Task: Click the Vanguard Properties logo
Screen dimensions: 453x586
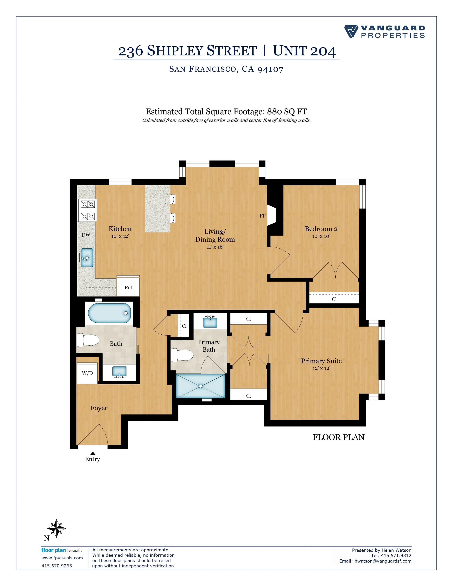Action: (x=384, y=32)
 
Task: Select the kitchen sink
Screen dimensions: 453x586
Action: (x=87, y=258)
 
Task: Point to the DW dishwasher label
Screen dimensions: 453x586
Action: (x=86, y=235)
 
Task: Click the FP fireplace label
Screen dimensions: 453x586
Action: (x=262, y=216)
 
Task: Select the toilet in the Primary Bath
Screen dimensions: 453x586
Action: (x=182, y=355)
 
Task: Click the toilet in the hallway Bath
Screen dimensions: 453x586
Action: (x=88, y=340)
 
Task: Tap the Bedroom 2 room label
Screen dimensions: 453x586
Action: (x=321, y=229)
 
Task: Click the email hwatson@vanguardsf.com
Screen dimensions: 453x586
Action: (x=383, y=561)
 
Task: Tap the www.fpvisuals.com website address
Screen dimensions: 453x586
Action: (x=62, y=558)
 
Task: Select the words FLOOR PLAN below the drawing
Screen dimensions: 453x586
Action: (x=338, y=437)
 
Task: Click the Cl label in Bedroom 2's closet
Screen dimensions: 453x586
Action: (x=334, y=299)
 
